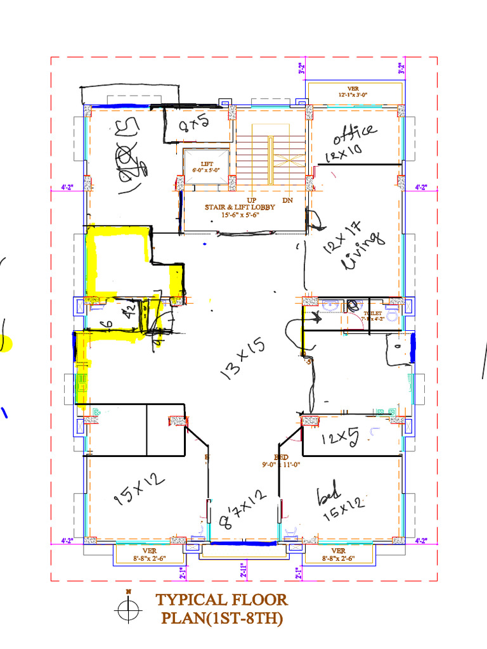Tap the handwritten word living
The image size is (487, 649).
[363, 252]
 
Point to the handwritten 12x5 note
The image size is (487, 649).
[340, 438]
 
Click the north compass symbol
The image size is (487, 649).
[128, 610]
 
